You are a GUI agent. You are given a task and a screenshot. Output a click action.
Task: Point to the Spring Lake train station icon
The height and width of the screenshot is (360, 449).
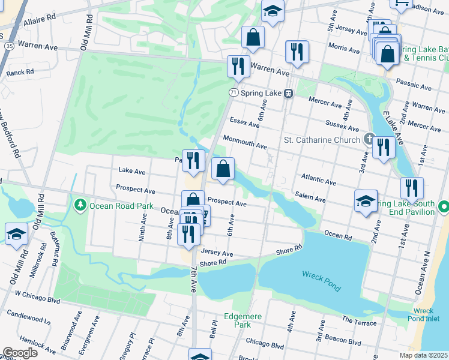(289, 93)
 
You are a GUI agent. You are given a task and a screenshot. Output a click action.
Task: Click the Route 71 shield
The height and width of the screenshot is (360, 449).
(234, 92)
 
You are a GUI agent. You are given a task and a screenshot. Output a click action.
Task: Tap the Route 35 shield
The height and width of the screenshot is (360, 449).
(8, 46)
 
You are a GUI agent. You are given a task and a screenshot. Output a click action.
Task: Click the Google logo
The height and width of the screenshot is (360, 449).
(20, 353)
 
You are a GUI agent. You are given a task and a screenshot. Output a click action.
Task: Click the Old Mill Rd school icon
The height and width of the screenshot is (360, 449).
(16, 234)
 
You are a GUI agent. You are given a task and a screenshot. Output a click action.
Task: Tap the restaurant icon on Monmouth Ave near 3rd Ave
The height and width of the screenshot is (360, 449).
(384, 146)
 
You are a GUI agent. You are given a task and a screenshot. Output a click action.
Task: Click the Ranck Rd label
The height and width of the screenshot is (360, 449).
(20, 72)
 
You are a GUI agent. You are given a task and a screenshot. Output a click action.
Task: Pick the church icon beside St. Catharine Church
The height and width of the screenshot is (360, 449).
(370, 140)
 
